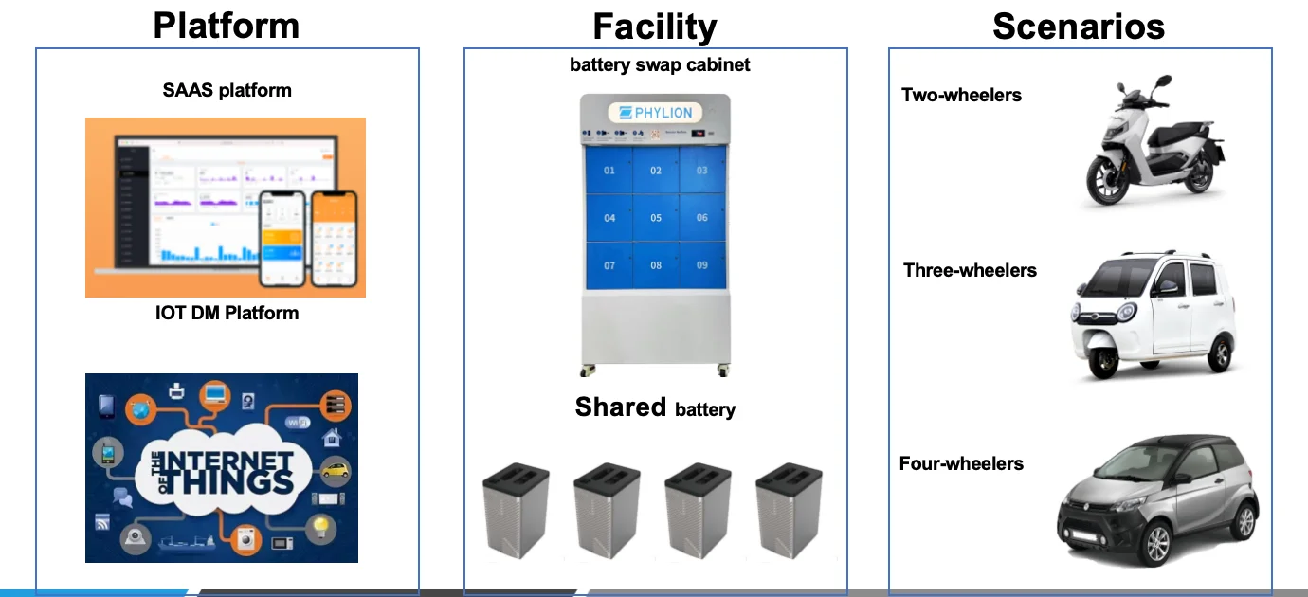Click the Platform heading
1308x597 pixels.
click(x=227, y=26)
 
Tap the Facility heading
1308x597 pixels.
click(x=655, y=27)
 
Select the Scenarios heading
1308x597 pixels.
click(x=1079, y=27)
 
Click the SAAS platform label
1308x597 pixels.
click(x=227, y=91)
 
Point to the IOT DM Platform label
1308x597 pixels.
click(x=227, y=313)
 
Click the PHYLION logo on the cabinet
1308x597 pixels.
click(x=655, y=113)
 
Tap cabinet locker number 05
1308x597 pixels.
click(x=656, y=218)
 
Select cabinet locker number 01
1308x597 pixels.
click(x=609, y=171)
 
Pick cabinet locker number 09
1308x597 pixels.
click(x=702, y=265)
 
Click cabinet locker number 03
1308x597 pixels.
click(x=702, y=171)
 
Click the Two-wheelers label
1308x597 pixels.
click(x=961, y=95)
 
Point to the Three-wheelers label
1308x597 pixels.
click(x=970, y=270)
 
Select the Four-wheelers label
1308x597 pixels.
click(x=961, y=463)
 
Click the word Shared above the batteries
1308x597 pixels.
click(x=621, y=407)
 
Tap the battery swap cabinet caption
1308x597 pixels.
click(x=660, y=65)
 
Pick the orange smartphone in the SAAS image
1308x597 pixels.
click(x=335, y=238)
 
